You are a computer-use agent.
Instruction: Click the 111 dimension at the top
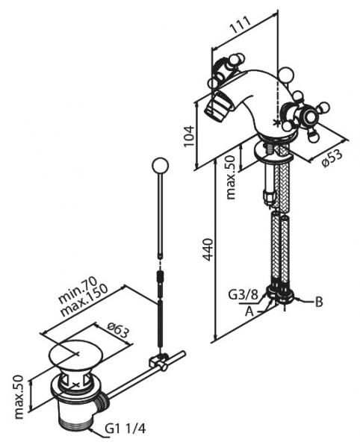point(240,25)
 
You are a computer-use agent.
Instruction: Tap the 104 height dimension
point(189,136)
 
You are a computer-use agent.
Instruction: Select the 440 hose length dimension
point(208,249)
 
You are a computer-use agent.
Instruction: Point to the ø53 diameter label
point(332,158)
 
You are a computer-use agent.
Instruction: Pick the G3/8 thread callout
point(243,295)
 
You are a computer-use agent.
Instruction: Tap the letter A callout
point(249,311)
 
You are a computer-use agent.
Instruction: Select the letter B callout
point(319,302)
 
